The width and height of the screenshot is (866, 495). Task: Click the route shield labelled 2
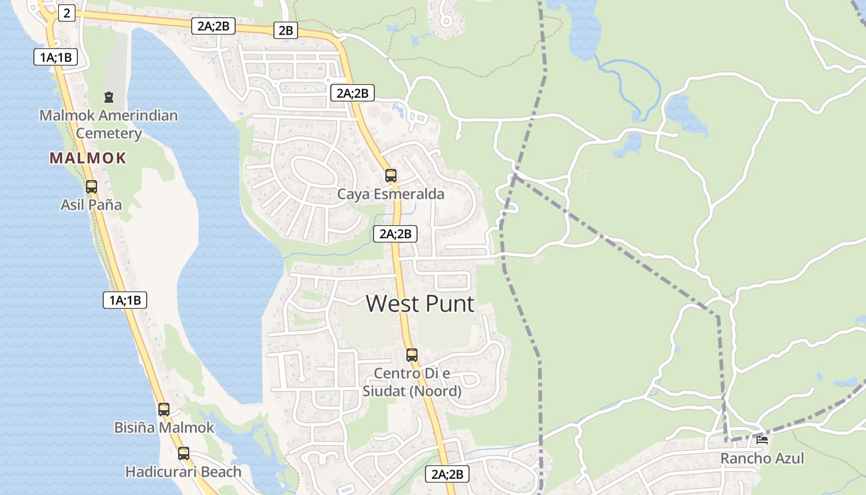[x=67, y=13]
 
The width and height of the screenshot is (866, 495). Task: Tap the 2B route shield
[x=286, y=30]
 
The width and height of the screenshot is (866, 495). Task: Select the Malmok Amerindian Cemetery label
[x=109, y=124]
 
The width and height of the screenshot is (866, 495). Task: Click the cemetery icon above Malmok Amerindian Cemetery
[x=109, y=97]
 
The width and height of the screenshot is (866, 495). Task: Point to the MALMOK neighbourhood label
[x=88, y=158]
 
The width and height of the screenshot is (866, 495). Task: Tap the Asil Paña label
[x=91, y=205]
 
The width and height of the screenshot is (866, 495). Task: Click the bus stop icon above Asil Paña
[x=92, y=186]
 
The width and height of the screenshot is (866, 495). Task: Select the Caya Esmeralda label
[x=390, y=194]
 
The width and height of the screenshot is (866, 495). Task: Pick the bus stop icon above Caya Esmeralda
[x=391, y=176]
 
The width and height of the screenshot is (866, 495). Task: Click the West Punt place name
[x=420, y=304]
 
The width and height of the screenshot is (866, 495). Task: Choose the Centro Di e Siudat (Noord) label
[x=412, y=382]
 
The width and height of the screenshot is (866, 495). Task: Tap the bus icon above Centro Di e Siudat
[x=412, y=355]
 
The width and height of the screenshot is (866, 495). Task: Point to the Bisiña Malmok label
[x=164, y=428]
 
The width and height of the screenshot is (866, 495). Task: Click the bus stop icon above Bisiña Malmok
[x=164, y=410]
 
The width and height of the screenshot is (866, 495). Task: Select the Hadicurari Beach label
[x=183, y=472]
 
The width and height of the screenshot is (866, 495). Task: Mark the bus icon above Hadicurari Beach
[x=184, y=454]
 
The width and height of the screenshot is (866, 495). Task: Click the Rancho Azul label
[x=762, y=458]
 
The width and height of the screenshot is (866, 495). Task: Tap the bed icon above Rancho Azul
[x=762, y=440]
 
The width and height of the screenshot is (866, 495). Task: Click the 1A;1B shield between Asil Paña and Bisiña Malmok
[x=125, y=301]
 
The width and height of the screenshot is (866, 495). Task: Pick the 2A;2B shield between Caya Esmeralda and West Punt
[x=395, y=234]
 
